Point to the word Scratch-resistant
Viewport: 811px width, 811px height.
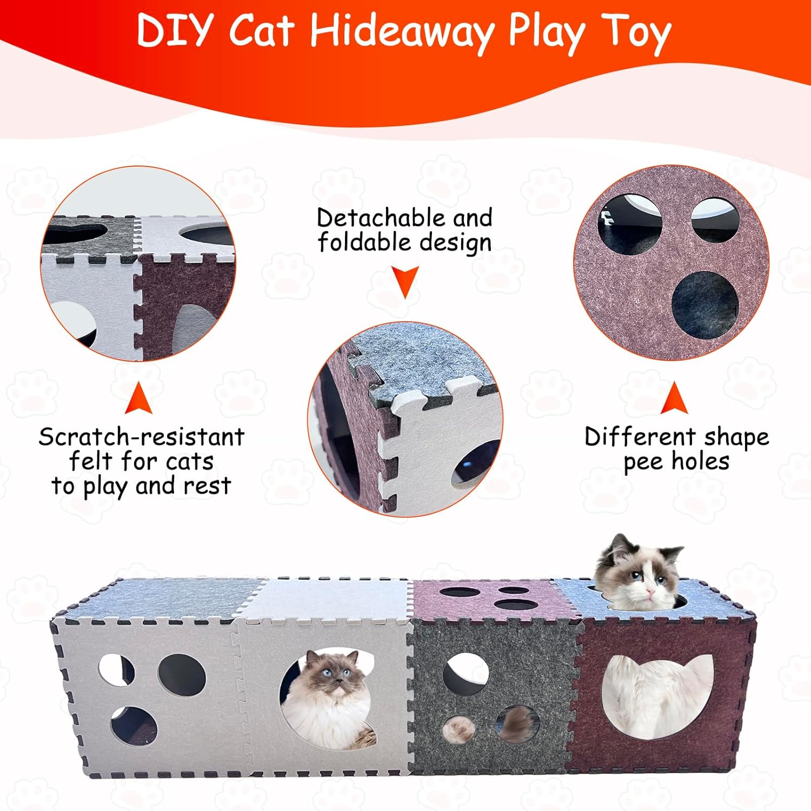[142, 437]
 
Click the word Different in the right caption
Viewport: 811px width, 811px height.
[640, 437]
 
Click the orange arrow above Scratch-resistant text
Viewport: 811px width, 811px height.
[138, 399]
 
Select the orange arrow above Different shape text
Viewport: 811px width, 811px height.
[674, 399]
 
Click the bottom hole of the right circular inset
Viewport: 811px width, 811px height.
[705, 304]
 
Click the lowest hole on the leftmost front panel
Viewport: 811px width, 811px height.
[134, 724]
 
